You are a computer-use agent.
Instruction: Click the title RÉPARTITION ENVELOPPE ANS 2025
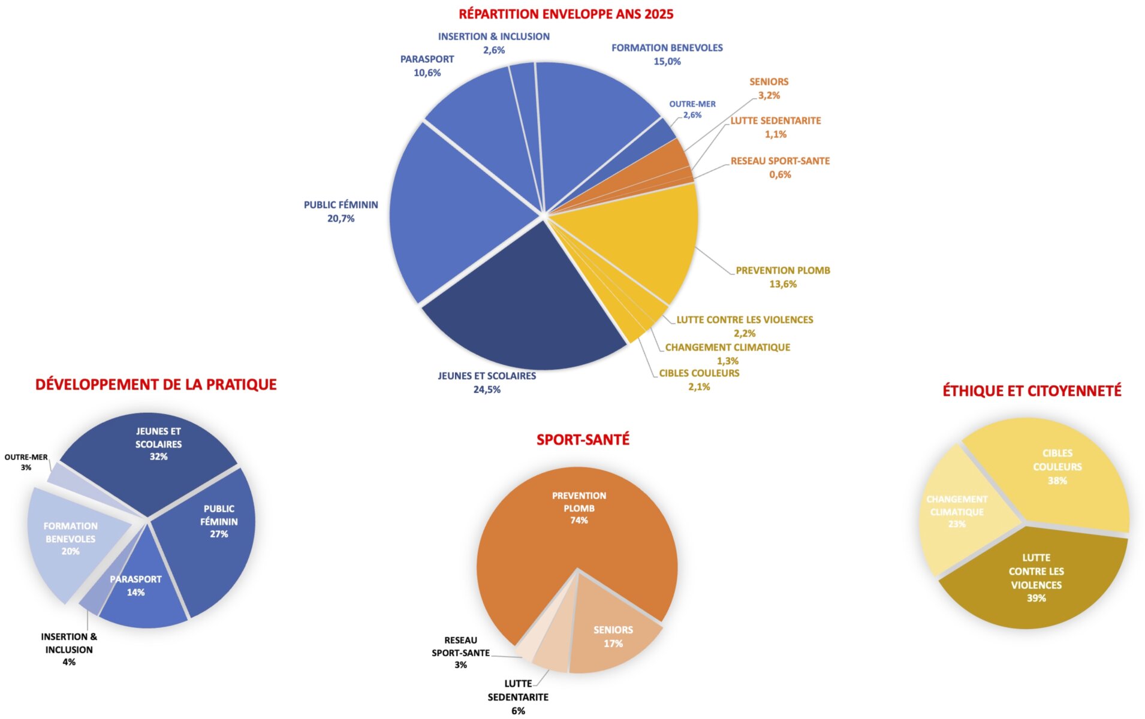click(565, 14)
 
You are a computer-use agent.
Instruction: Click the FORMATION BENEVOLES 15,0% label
click(667, 54)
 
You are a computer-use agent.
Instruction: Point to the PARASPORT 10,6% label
click(427, 65)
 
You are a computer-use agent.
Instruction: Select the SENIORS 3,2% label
click(769, 88)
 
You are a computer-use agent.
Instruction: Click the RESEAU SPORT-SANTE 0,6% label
click(779, 167)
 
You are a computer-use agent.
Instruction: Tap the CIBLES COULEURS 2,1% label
click(699, 379)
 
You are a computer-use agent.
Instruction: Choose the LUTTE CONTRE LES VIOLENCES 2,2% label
click(745, 326)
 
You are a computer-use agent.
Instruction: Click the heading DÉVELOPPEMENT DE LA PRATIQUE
click(156, 385)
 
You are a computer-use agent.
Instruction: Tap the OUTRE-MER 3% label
click(26, 461)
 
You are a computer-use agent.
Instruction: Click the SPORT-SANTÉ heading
click(583, 440)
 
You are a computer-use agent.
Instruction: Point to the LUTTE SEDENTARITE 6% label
click(518, 696)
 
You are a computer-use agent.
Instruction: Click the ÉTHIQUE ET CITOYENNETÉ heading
click(1031, 391)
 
